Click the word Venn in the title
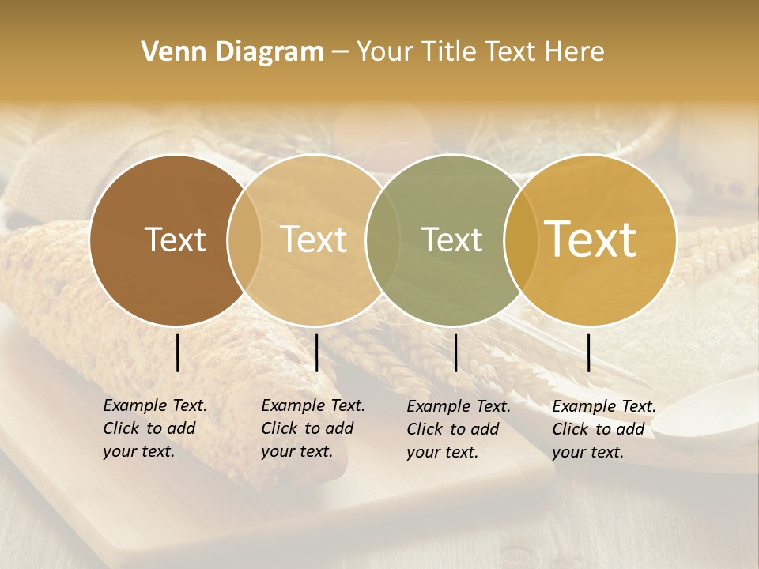168,52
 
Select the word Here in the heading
575,52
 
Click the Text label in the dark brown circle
175,239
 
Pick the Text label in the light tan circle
313,239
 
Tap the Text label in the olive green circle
451,239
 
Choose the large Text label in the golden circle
591,239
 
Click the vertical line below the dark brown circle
178,352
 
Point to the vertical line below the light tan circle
316,352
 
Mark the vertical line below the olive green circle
456,352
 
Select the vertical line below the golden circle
589,352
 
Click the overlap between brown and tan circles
244,239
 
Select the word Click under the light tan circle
278,428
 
